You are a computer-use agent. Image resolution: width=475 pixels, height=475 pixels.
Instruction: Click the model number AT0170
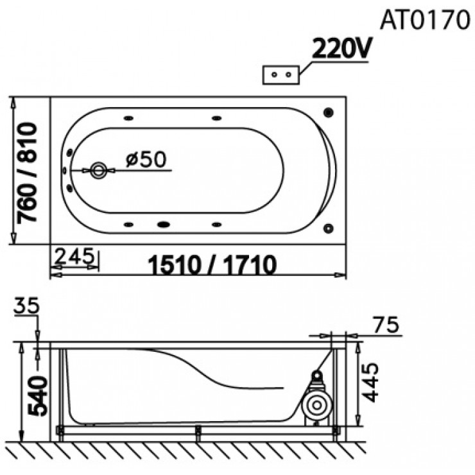425,20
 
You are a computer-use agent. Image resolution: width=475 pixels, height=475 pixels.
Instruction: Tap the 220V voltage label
341,49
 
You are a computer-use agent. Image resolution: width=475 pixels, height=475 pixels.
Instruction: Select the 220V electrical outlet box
281,75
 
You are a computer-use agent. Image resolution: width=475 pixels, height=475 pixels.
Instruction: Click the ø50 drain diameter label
146,159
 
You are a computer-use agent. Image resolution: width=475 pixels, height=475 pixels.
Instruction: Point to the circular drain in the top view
98,170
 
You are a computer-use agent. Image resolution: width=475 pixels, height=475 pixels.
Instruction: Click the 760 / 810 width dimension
27,173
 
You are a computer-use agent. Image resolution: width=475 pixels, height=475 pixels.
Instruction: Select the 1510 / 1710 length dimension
212,264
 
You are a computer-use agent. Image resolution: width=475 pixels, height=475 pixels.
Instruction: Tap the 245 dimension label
74,256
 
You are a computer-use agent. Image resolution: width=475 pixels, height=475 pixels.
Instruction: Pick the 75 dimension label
386,324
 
